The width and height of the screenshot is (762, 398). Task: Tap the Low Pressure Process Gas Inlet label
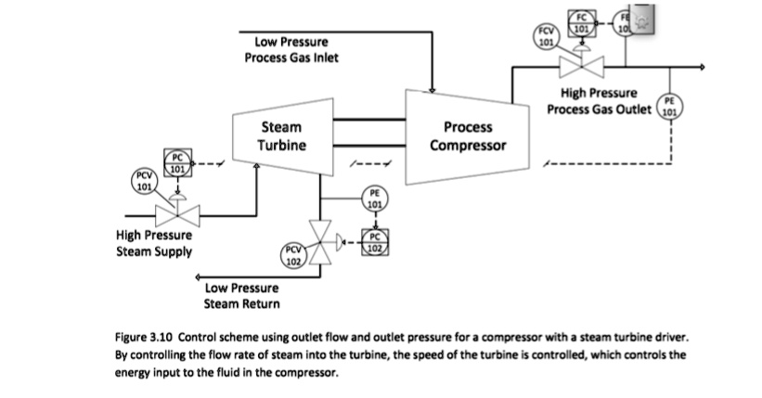point(291,50)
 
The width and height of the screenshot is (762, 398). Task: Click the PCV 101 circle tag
point(145,180)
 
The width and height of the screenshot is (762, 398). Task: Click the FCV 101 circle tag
point(546,35)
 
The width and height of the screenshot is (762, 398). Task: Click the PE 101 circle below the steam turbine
point(373,199)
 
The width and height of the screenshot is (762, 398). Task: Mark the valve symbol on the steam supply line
point(176,216)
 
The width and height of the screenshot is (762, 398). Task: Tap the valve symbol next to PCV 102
point(321,245)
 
